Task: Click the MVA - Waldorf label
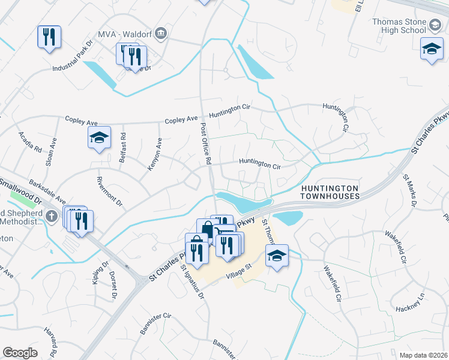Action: [125, 33]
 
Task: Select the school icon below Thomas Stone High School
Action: [432, 50]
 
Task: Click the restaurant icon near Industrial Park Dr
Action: [47, 37]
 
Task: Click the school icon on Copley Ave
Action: [99, 139]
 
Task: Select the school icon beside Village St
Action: [277, 256]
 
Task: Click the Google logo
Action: [20, 353]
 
